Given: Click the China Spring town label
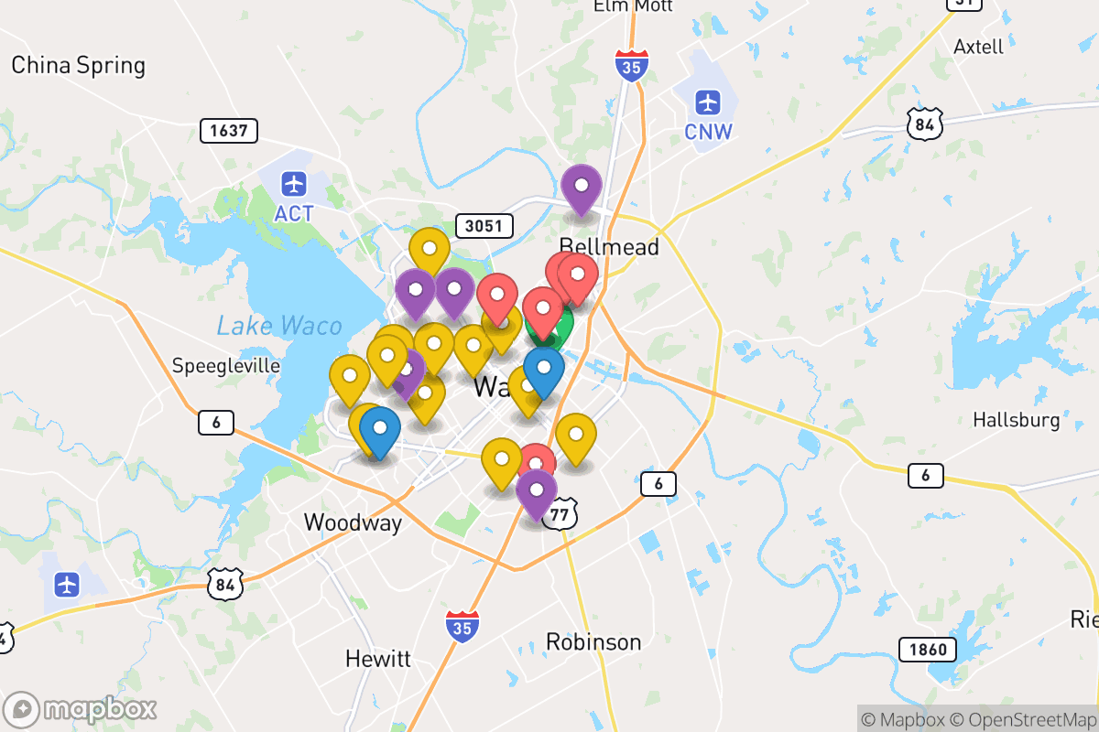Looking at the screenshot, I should (78, 66).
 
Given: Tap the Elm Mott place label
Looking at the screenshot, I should (633, 6).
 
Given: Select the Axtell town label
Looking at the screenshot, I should (978, 47).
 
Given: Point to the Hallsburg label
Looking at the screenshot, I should (1016, 421).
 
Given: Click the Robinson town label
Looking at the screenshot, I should (593, 642).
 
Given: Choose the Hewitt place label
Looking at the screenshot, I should (378, 659).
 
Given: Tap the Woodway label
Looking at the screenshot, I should (353, 523).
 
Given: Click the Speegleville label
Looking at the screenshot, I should (226, 366).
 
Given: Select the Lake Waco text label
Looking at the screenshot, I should (279, 326).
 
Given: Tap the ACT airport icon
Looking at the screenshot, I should (294, 184).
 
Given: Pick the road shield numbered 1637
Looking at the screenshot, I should (228, 131).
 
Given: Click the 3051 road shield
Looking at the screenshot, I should (484, 226).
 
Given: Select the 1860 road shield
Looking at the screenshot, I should (928, 651).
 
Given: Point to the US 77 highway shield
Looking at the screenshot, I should (560, 515).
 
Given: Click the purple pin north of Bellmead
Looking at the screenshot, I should (581, 186).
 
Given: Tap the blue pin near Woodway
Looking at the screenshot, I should (379, 428).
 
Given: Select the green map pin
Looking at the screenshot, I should (559, 325).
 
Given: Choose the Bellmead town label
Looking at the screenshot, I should (609, 247).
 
